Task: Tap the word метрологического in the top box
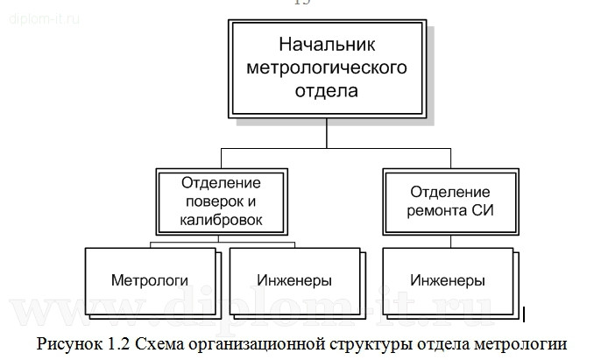pos(326,66)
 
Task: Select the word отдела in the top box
pos(326,88)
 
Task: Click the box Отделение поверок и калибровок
pos(222,201)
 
